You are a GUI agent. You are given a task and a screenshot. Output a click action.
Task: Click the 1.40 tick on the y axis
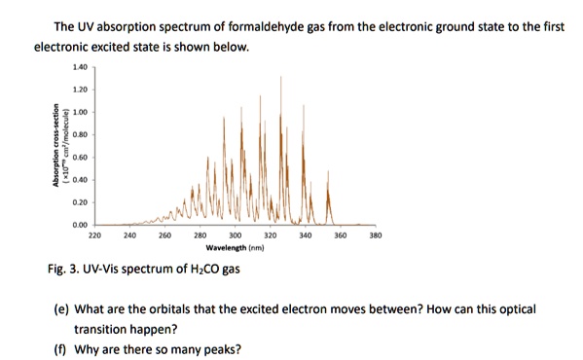click(79, 67)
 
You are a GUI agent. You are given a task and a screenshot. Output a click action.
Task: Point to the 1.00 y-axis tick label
click(79, 112)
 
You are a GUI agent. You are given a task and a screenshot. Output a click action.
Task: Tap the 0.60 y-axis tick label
click(79, 157)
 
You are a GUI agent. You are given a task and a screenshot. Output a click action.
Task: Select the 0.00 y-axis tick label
click(79, 224)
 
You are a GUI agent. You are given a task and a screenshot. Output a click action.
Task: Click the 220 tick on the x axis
click(94, 235)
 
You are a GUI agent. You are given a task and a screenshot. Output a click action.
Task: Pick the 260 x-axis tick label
click(164, 235)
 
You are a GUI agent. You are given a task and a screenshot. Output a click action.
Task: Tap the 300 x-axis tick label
click(235, 235)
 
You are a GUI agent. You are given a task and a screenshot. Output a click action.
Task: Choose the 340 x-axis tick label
click(305, 235)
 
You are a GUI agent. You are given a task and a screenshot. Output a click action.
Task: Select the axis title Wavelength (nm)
click(235, 248)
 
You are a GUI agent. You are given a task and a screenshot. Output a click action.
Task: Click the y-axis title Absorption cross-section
click(56, 146)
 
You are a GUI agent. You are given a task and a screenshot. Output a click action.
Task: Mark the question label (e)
click(61, 309)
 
